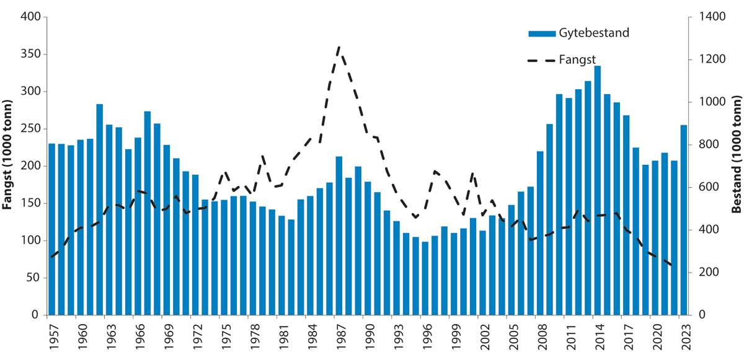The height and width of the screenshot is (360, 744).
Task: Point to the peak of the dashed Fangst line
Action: coord(339,47)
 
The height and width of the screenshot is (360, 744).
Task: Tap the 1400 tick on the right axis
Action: coord(705,17)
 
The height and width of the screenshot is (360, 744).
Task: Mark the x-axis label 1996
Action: coord(425,335)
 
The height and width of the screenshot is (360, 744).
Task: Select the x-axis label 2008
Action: coord(540,335)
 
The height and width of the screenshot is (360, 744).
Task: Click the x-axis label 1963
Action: coord(110,335)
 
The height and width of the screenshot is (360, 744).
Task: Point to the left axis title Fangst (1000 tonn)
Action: coord(9,166)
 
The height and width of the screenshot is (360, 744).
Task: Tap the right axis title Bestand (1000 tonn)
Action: coord(736,166)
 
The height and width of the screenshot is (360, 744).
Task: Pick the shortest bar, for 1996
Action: coord(425,278)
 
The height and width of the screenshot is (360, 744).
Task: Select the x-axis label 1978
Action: coord(253,335)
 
